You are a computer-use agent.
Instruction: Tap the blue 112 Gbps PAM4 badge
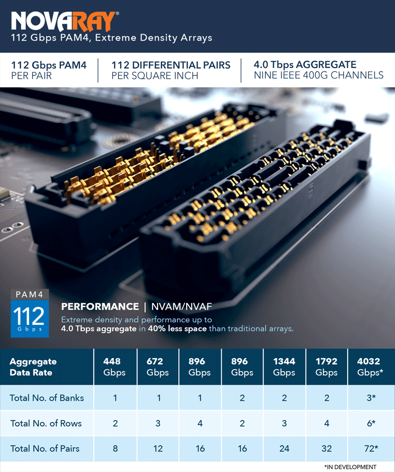click(30, 313)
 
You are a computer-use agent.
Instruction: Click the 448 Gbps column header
click(115, 366)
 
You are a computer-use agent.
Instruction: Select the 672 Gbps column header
click(158, 366)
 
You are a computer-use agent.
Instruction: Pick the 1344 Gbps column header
click(284, 366)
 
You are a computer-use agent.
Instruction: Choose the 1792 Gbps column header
click(326, 366)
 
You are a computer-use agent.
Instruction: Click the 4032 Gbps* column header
click(371, 366)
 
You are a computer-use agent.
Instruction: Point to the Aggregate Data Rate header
click(33, 367)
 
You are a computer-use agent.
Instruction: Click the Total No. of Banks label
click(47, 398)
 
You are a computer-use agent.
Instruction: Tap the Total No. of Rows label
click(46, 423)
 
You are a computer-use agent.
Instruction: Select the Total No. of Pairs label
click(45, 448)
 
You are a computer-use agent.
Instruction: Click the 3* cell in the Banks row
click(371, 398)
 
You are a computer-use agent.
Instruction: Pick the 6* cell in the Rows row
click(371, 423)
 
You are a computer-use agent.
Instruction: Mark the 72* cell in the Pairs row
click(371, 448)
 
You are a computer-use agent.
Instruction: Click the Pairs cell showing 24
click(284, 448)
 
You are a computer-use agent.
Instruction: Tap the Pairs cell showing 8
click(115, 448)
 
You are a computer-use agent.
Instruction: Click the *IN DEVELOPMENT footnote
click(351, 467)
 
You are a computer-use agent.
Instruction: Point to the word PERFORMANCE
click(100, 306)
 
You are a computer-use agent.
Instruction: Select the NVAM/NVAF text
click(181, 306)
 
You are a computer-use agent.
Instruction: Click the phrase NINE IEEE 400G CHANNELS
click(318, 75)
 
